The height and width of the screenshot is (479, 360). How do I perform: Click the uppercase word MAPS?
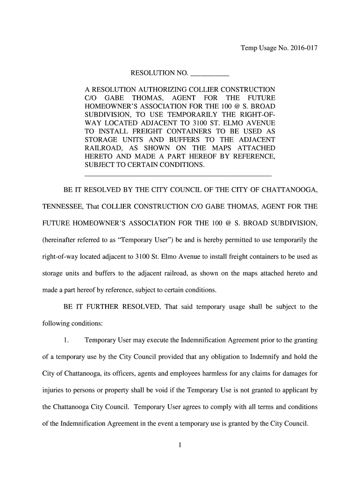(213, 148)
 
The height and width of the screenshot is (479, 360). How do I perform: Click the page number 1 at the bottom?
(180, 445)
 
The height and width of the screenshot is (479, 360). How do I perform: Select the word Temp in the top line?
(248, 48)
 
